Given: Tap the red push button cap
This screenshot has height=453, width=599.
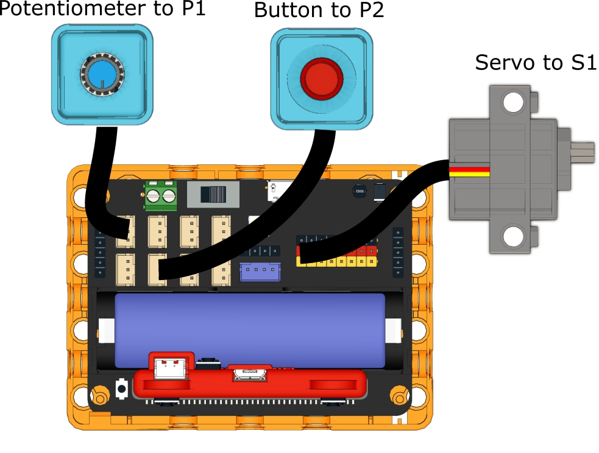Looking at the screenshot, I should point(321,77).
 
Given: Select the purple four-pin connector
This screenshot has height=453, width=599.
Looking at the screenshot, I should point(260,271).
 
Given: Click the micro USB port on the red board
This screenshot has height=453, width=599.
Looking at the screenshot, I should point(249,373).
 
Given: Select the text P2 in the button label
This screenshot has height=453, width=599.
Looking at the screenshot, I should point(369,10).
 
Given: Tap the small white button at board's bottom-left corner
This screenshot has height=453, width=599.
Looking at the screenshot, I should point(121,387).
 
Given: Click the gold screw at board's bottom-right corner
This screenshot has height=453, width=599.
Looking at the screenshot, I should point(399,398).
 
